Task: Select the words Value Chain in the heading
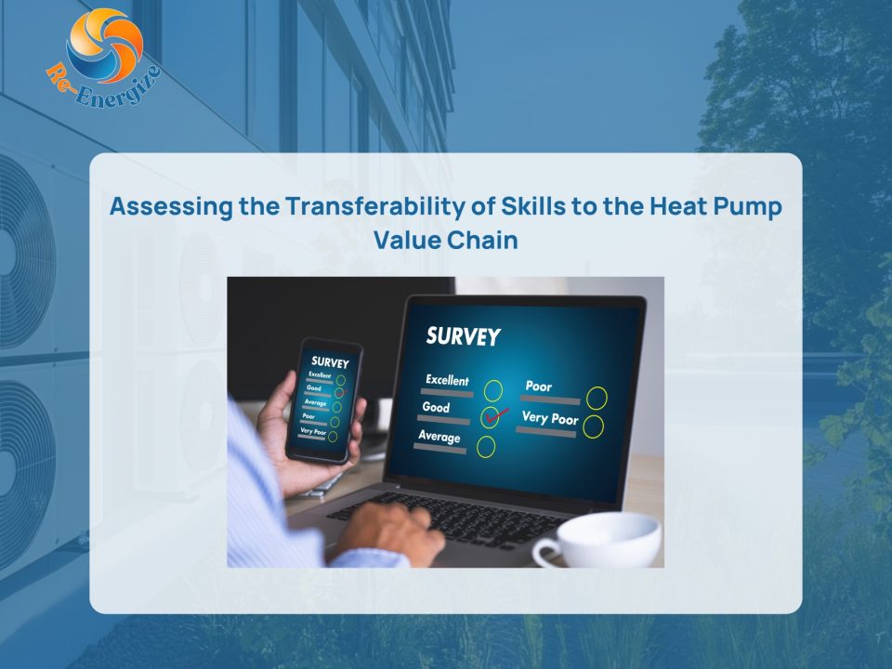coord(446,240)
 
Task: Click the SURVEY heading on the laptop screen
coord(463,336)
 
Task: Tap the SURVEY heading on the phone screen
coord(330,361)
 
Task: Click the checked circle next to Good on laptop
coord(491,417)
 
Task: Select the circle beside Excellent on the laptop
coord(493,391)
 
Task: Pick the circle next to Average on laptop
coord(486,447)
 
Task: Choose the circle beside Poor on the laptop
coord(597,399)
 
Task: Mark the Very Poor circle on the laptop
coord(593,427)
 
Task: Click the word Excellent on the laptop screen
coord(447,380)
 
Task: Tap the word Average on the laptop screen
coord(439,437)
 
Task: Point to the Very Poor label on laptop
coord(549,418)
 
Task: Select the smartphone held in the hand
coord(324,400)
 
